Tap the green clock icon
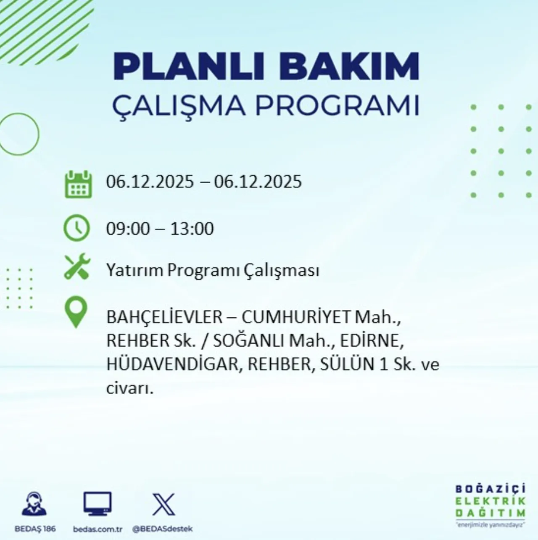(x=76, y=228)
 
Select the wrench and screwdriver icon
(x=77, y=266)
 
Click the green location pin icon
(x=76, y=313)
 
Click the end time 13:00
(x=192, y=229)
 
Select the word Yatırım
(x=134, y=270)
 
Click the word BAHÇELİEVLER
(x=164, y=317)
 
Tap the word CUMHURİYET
(x=296, y=317)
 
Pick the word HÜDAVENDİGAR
(x=172, y=364)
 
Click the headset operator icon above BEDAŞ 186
(x=34, y=504)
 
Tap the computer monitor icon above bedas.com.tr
(x=97, y=503)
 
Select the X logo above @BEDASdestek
(x=163, y=504)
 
